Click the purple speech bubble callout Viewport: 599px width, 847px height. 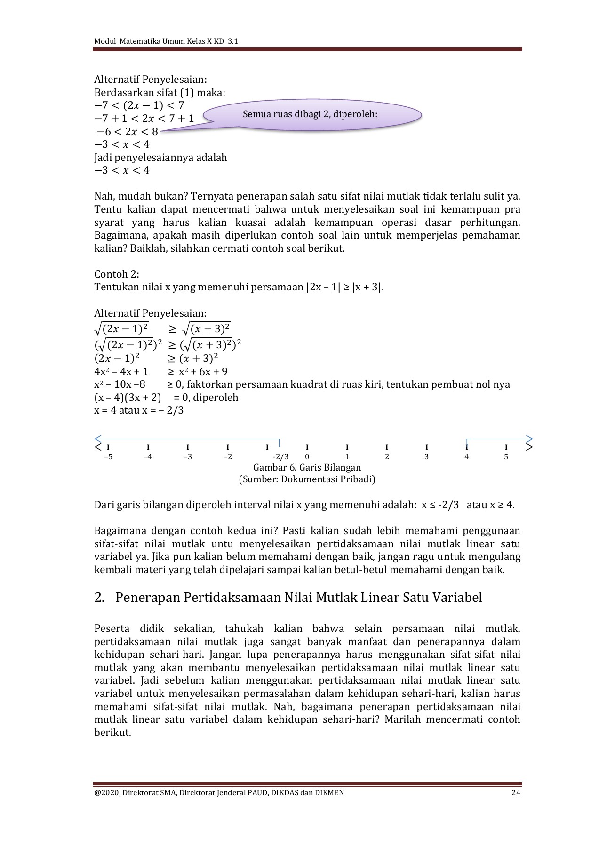[x=311, y=114]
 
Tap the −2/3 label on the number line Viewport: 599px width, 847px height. [x=280, y=457]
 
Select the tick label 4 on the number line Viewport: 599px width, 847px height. [x=466, y=457]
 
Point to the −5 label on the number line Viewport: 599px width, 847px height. [x=108, y=457]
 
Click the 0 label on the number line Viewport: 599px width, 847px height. [x=307, y=457]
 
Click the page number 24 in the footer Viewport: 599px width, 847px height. [x=516, y=793]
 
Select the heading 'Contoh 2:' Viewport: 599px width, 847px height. [x=117, y=274]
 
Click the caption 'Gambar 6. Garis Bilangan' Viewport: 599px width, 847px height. [x=307, y=467]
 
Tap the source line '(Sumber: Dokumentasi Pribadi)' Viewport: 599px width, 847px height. [x=307, y=479]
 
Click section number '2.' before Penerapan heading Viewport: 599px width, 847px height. [x=99, y=598]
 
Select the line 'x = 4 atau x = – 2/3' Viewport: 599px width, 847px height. [x=139, y=410]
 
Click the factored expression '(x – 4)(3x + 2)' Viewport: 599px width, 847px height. [x=128, y=398]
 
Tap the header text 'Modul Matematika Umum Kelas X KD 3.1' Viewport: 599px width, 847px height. [x=166, y=41]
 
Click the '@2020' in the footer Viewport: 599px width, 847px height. [x=106, y=793]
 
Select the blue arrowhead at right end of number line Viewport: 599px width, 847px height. [x=529, y=438]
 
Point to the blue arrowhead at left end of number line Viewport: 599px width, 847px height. [x=98, y=438]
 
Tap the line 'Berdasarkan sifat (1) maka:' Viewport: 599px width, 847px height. [x=160, y=93]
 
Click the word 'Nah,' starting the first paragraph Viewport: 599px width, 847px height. [x=104, y=196]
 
